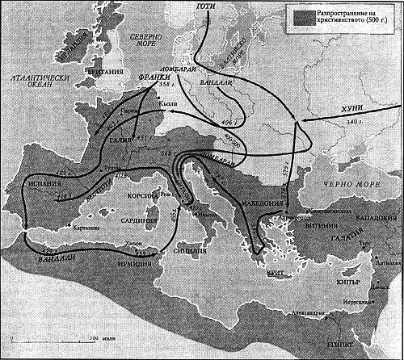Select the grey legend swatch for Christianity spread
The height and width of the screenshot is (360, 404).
click(x=305, y=15)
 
